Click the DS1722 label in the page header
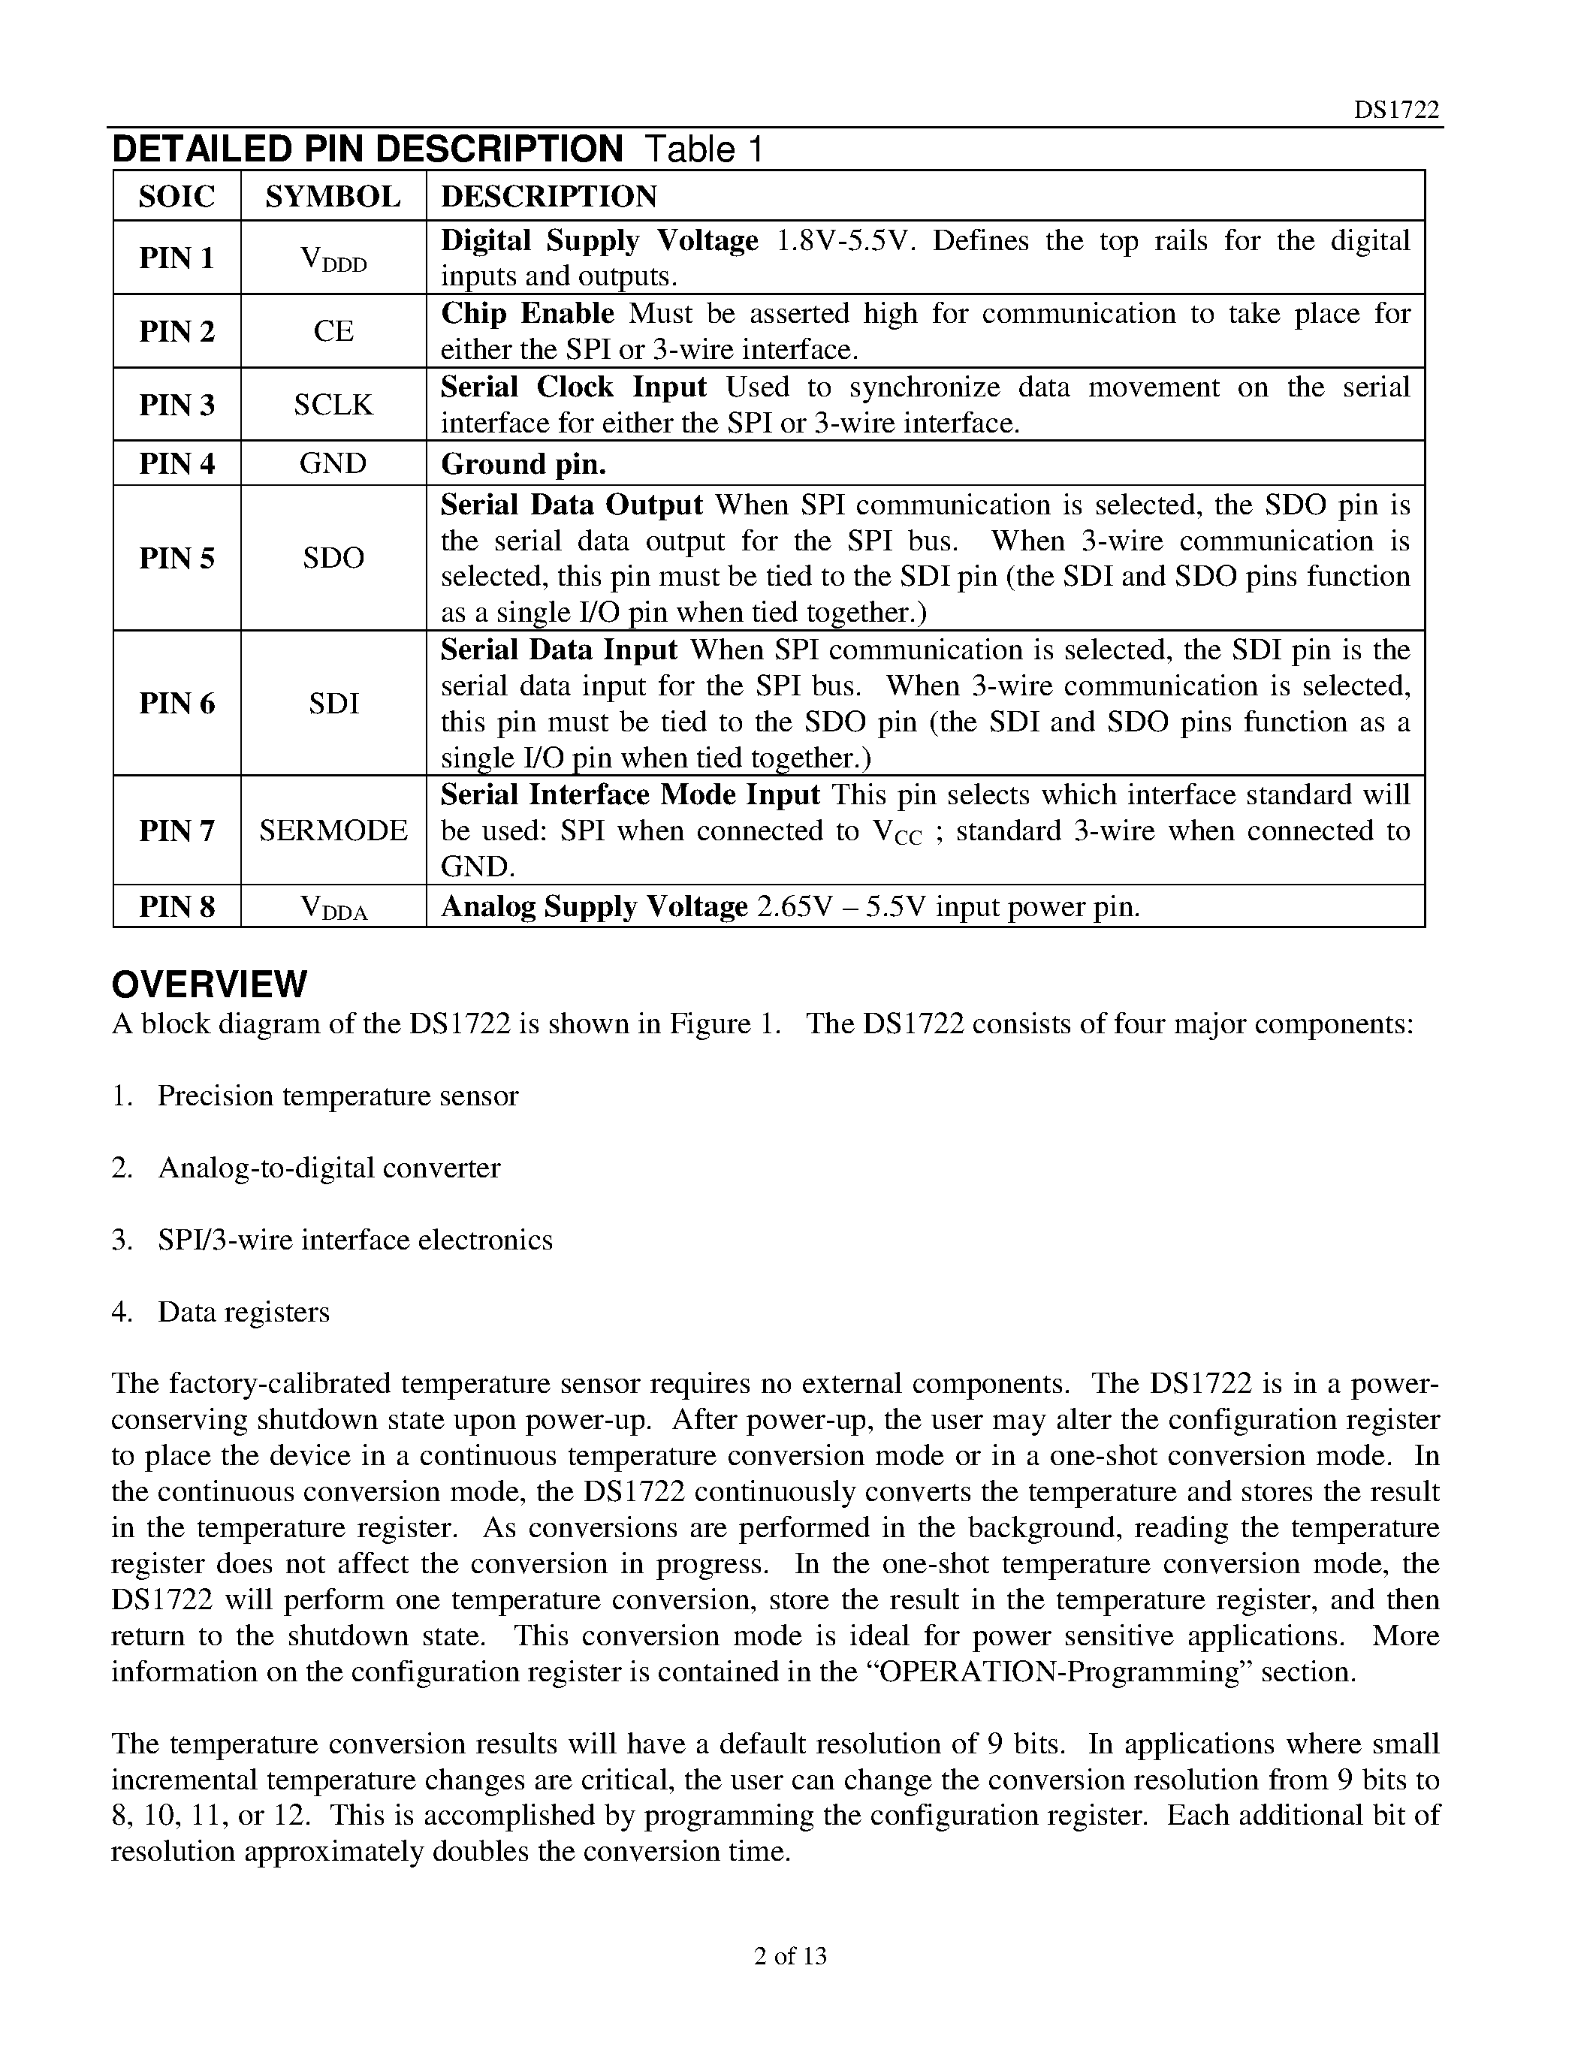tap(1395, 110)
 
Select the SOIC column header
tap(176, 196)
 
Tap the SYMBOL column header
tap(333, 196)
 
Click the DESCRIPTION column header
tap(548, 196)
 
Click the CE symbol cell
tap(333, 331)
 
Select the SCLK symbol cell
tap(333, 405)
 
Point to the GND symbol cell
tap(333, 463)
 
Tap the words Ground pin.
tap(523, 463)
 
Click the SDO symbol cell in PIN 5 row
tap(333, 558)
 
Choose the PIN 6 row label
tap(176, 704)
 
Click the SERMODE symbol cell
tap(333, 831)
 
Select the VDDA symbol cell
tap(333, 908)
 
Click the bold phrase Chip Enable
tap(526, 313)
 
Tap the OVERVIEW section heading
tap(209, 984)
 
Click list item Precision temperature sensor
tap(337, 1096)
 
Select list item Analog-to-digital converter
tap(329, 1168)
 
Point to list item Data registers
tap(243, 1313)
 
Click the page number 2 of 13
tap(790, 1955)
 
